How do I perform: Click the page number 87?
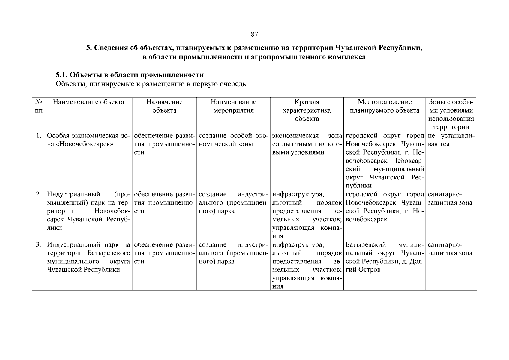tap(254, 34)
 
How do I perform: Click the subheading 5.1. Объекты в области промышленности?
tap(130, 75)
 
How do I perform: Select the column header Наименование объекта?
tap(88, 102)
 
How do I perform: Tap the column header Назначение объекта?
tap(164, 106)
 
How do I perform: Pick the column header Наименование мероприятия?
tap(233, 106)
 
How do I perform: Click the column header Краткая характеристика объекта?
tap(307, 110)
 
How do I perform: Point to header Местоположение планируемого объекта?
tap(385, 106)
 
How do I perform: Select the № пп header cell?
tap(38, 106)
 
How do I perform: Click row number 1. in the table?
tap(38, 136)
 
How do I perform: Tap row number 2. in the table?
tap(38, 194)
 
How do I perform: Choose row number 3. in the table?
tap(38, 245)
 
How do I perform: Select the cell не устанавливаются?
tap(451, 140)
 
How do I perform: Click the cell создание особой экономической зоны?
tap(233, 140)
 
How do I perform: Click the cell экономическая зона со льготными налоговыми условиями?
tap(307, 144)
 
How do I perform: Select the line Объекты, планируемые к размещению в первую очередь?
tap(151, 84)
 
